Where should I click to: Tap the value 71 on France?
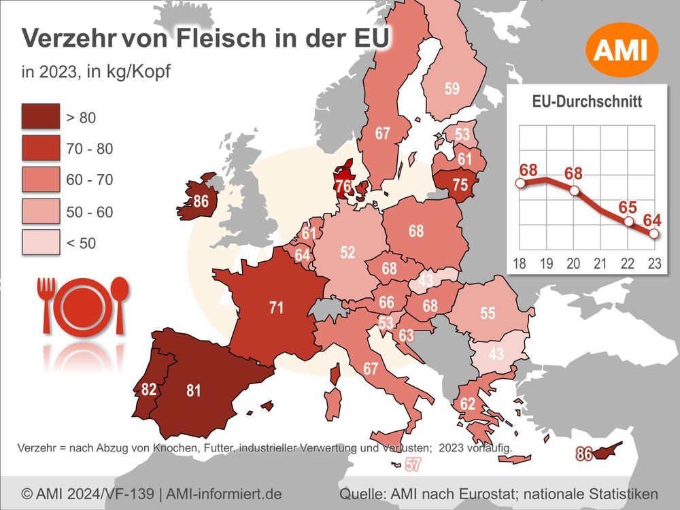tap(275, 308)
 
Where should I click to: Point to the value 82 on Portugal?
tap(150, 390)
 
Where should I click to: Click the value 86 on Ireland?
tap(201, 201)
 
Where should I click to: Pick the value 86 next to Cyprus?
tap(583, 454)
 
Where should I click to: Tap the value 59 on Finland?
tap(452, 88)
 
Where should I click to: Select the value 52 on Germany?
tap(347, 252)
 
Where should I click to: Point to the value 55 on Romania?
tap(488, 313)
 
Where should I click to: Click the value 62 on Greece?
tap(467, 404)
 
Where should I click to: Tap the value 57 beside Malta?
tap(413, 465)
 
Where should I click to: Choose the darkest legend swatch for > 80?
tap(39, 118)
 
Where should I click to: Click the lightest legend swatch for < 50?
tap(39, 243)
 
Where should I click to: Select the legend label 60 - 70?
tap(89, 180)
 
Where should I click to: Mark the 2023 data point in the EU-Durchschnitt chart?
tap(653, 234)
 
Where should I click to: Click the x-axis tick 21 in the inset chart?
tap(600, 263)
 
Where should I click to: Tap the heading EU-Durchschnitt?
tap(587, 103)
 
